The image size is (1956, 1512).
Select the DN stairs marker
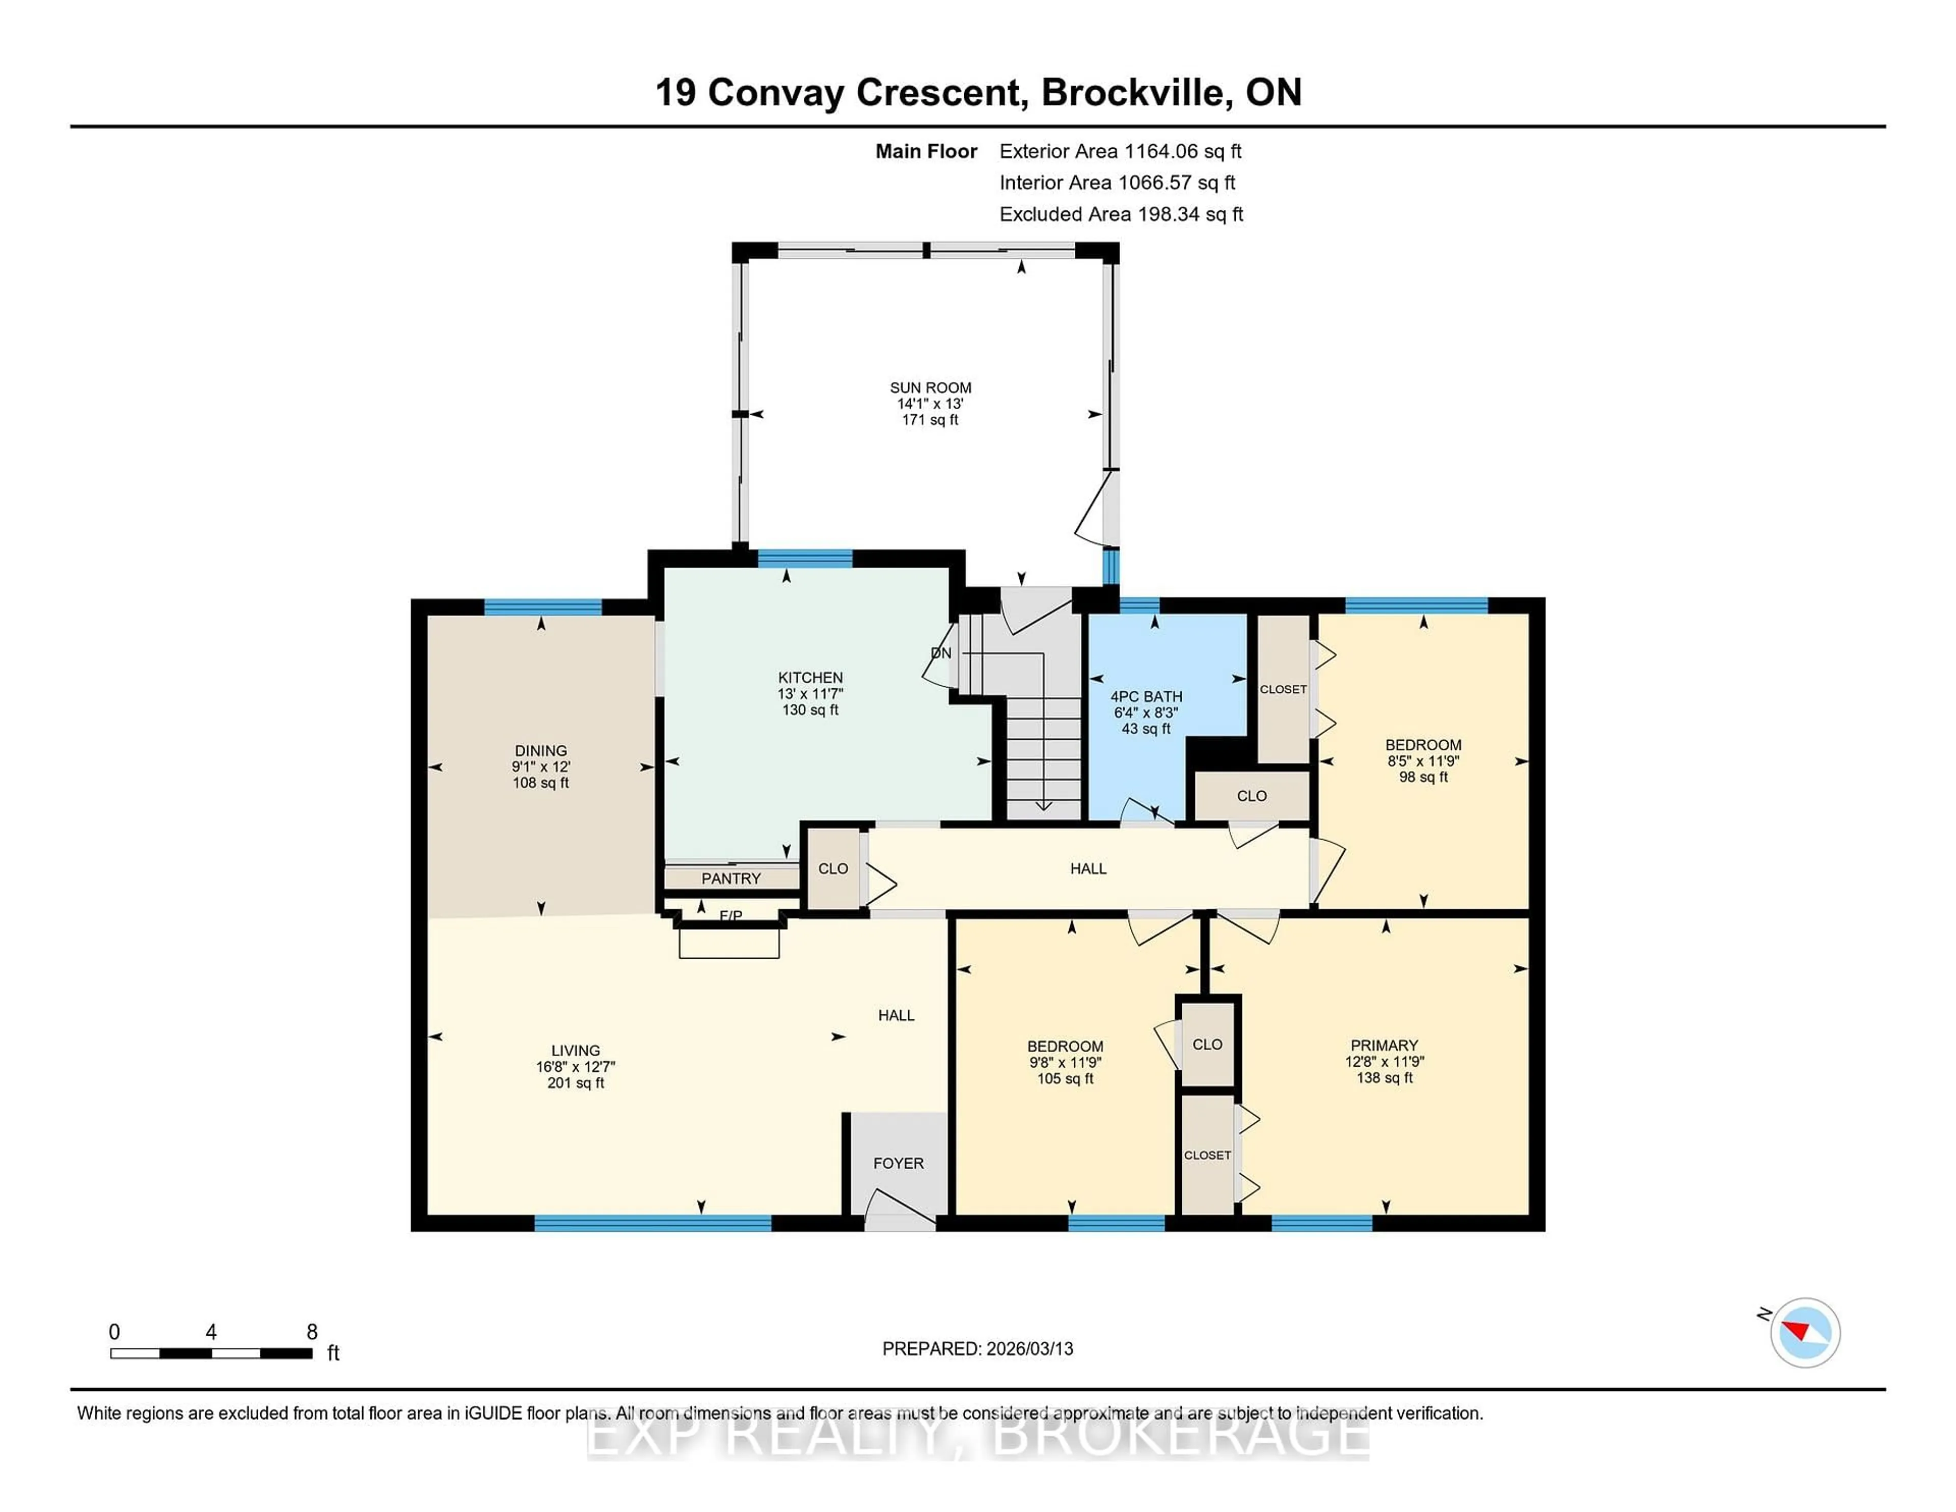(x=940, y=653)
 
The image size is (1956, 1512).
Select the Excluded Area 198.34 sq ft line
(x=1121, y=214)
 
